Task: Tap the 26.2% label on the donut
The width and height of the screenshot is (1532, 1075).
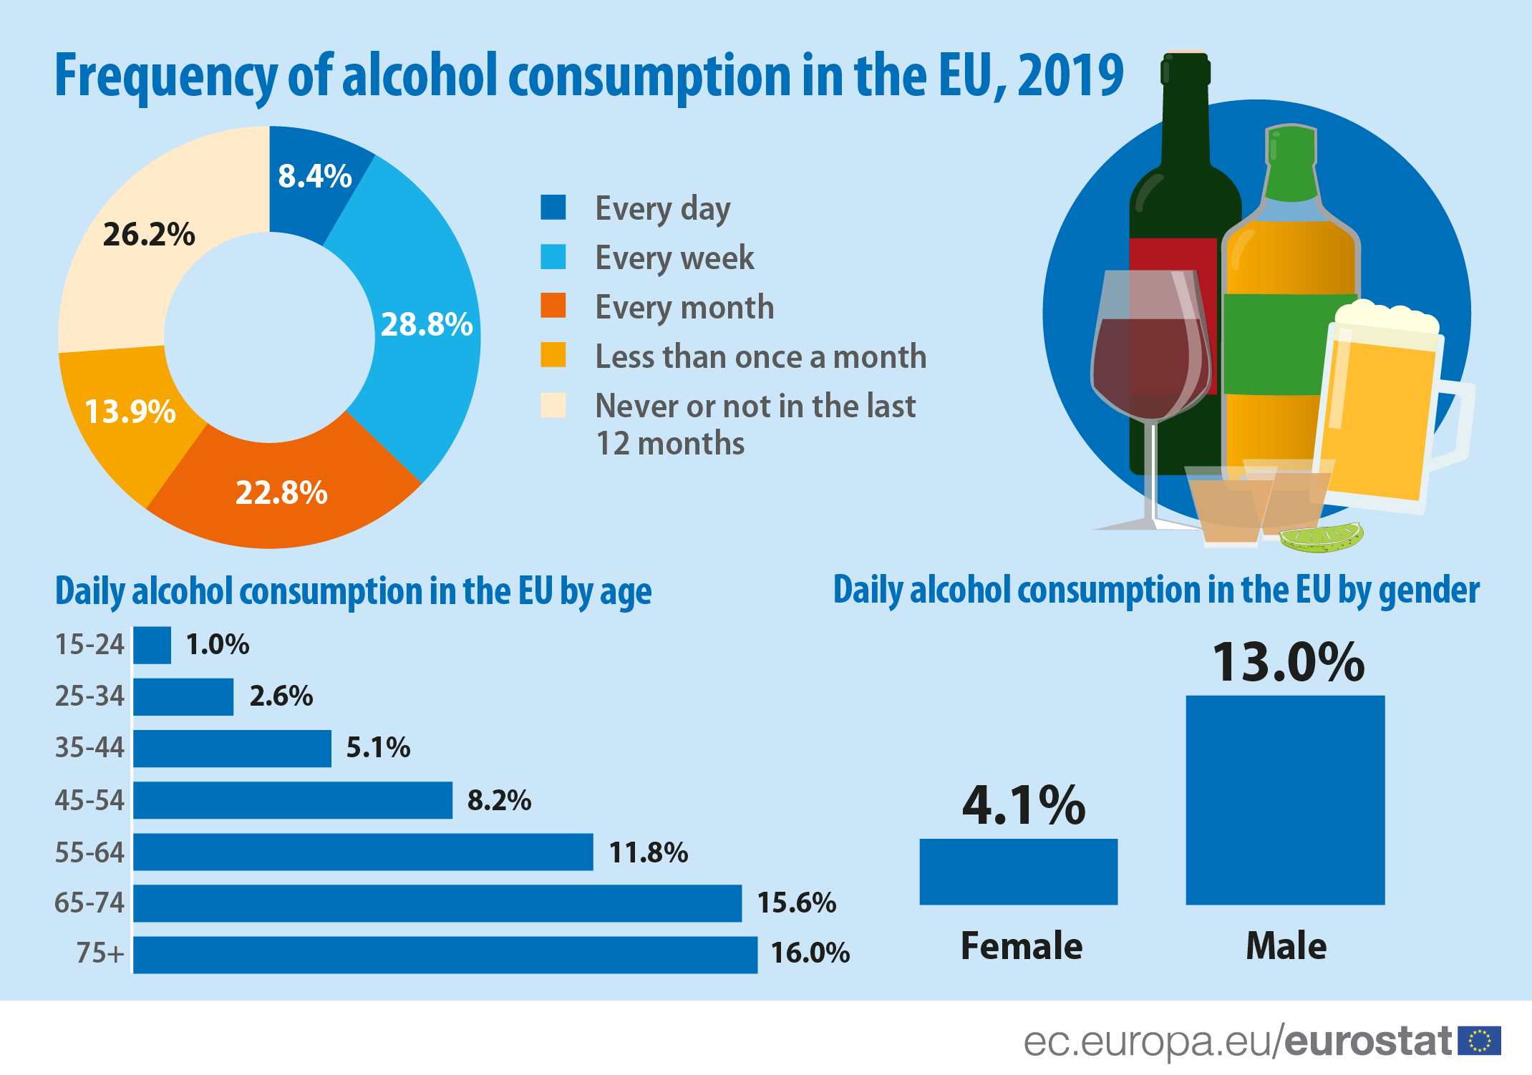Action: (x=149, y=235)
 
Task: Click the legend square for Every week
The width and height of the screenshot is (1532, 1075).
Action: (x=553, y=257)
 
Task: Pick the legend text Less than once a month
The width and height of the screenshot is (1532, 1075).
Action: (x=760, y=356)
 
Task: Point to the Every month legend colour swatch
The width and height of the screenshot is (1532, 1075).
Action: (x=553, y=306)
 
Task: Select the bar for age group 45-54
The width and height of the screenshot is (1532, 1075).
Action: (x=293, y=800)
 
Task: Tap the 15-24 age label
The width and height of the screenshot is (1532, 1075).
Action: (x=89, y=645)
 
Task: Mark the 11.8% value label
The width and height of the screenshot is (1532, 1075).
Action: (x=648, y=852)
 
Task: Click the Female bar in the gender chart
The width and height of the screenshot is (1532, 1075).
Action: (x=1018, y=872)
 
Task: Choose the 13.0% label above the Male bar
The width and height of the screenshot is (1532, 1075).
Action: (x=1287, y=662)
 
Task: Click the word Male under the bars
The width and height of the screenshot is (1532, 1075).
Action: (x=1286, y=946)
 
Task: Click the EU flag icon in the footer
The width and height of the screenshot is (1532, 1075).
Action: (x=1479, y=1041)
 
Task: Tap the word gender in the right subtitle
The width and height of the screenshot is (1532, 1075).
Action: (x=1428, y=591)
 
